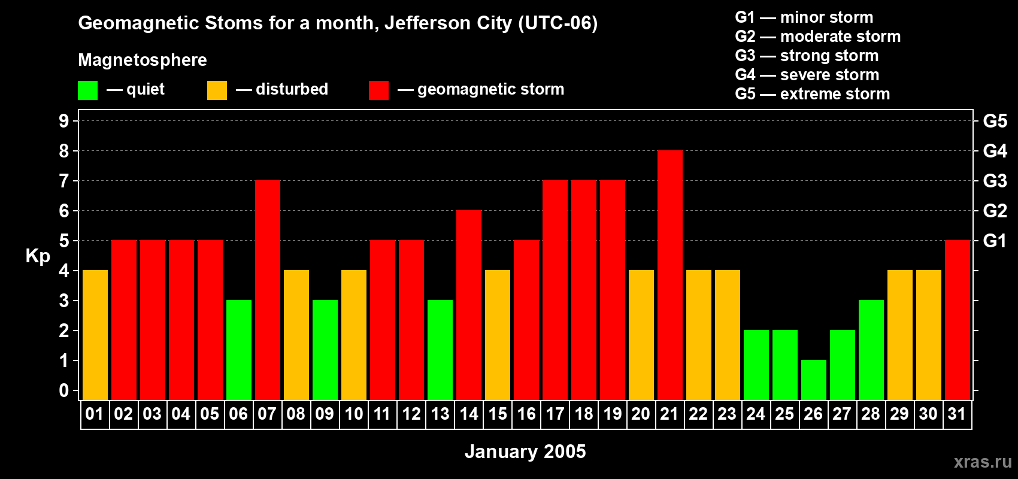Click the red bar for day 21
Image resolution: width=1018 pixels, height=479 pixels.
669,275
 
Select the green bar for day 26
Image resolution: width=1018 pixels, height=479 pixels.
813,380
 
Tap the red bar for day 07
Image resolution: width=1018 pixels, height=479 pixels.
267,290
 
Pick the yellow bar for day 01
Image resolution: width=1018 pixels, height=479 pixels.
95,335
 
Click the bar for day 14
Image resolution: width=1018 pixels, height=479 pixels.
468,305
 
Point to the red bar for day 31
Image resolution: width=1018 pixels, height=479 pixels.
957,320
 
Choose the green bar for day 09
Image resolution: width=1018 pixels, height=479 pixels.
325,350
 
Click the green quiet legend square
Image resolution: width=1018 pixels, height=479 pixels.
87,90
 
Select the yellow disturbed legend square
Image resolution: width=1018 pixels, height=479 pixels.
217,90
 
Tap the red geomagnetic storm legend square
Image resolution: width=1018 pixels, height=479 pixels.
378,90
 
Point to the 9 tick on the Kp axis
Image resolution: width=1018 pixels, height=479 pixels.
64,121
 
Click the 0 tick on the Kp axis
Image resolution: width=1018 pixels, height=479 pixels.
64,390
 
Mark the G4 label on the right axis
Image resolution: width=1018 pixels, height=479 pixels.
995,151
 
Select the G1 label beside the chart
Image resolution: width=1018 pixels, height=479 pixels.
995,241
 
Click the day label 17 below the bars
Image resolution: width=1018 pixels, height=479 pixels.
555,414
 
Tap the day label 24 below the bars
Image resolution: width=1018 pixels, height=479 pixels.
756,414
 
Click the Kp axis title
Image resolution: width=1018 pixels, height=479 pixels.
38,256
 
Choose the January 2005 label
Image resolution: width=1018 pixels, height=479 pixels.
525,451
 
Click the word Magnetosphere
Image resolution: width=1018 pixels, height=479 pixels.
143,60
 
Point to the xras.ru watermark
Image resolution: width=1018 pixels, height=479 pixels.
983,461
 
